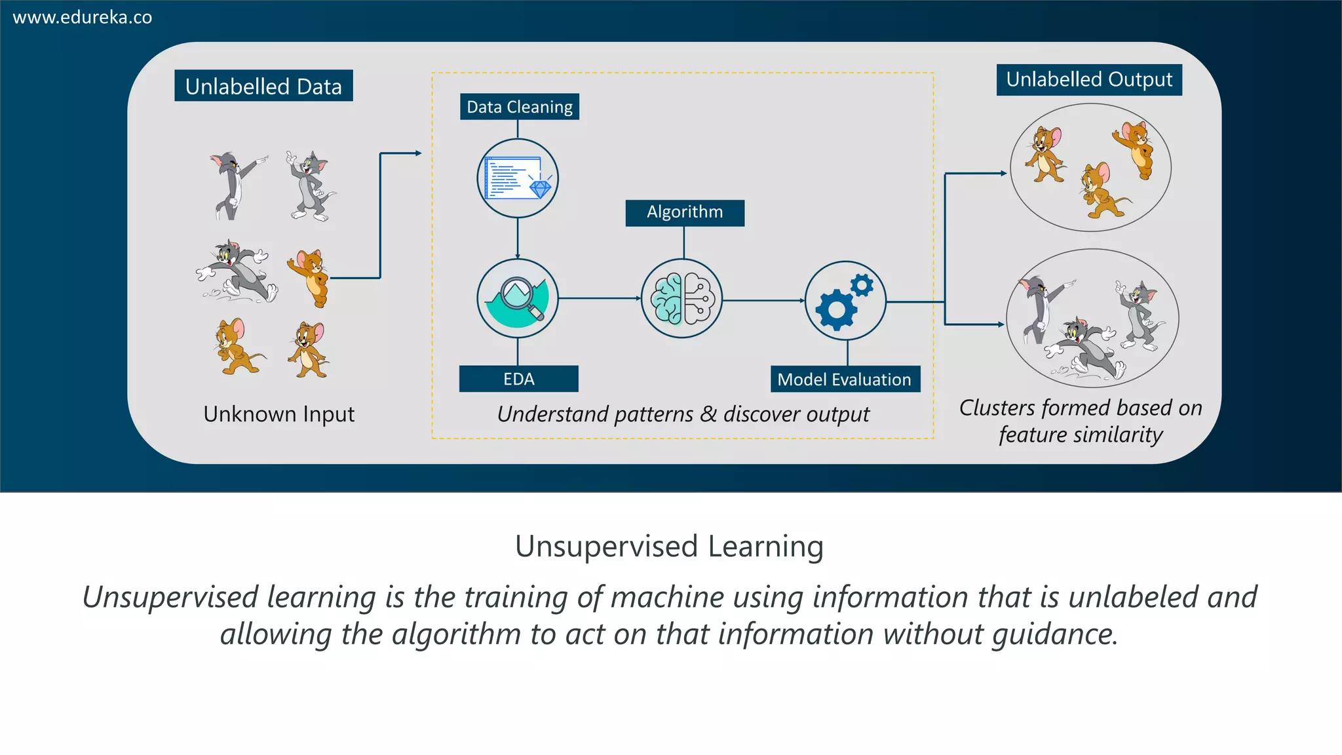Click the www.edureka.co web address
click(x=83, y=18)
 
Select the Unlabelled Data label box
click(x=263, y=86)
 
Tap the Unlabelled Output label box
click(x=1089, y=79)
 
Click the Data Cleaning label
click(x=519, y=107)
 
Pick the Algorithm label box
click(x=685, y=212)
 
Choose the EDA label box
click(x=518, y=379)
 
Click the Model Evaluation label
click(x=845, y=379)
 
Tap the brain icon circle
click(x=681, y=299)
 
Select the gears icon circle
click(x=845, y=301)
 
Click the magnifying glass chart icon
click(x=518, y=299)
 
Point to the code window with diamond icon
click(x=518, y=178)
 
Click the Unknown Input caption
click(x=278, y=414)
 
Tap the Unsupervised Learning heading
click(x=669, y=547)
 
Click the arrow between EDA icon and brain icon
click(x=600, y=298)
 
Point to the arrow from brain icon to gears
click(x=763, y=300)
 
